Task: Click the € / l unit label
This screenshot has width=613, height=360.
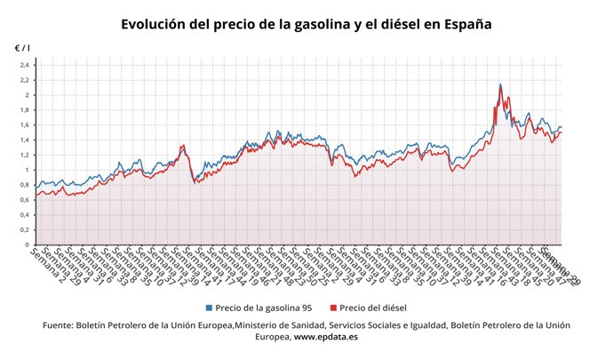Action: [x=21, y=46]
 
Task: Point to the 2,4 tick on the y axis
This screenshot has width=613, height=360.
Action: [x=24, y=65]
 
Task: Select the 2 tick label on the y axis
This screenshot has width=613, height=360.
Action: [x=28, y=95]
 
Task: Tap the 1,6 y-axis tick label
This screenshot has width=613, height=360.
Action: [x=24, y=125]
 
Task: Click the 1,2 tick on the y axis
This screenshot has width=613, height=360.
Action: [x=24, y=155]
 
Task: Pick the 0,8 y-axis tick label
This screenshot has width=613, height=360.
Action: [x=24, y=185]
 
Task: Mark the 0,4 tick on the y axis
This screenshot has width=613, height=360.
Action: [x=24, y=215]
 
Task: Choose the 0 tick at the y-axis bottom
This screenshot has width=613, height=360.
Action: [x=28, y=244]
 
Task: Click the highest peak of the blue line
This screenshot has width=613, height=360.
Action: [x=500, y=84]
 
